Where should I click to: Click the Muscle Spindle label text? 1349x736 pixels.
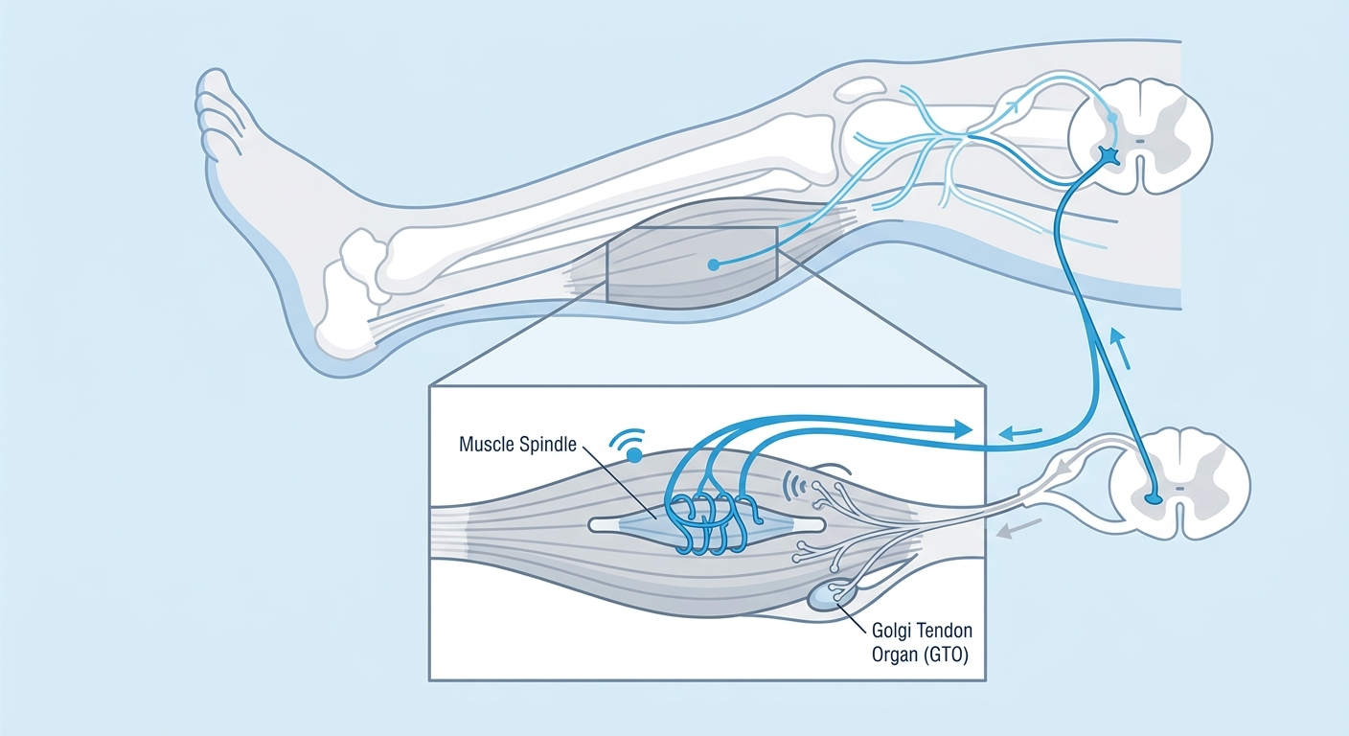517,445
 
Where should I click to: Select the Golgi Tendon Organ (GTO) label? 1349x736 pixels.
922,642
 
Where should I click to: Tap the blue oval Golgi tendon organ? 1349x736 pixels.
833,596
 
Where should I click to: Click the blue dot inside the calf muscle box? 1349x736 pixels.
713,264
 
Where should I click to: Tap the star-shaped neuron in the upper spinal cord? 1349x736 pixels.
1109,156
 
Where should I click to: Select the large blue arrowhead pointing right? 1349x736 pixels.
962,429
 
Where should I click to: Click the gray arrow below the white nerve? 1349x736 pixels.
1018,528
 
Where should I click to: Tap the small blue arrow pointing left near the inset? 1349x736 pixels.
1019,432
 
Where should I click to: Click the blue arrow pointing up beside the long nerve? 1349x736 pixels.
1120,349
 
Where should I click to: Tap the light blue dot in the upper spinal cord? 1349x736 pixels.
1111,118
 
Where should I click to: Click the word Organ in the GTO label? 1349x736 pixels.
894,655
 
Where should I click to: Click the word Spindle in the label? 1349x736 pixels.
549,445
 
